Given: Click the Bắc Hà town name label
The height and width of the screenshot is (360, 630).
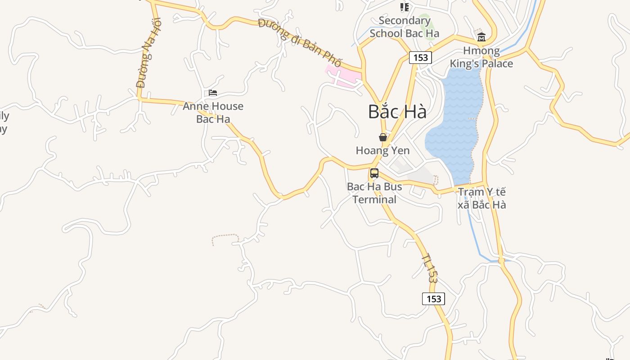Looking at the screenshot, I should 397,112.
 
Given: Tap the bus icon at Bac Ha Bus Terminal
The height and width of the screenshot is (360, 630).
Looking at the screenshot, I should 374,173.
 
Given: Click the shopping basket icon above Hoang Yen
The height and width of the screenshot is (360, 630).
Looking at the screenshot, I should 383,137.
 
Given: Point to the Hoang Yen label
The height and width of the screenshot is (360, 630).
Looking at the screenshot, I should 383,150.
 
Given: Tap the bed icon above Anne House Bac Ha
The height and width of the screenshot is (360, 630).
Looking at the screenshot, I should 213,93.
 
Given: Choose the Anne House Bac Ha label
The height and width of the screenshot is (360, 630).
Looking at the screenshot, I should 213,112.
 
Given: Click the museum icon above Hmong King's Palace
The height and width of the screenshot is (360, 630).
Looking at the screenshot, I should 481,36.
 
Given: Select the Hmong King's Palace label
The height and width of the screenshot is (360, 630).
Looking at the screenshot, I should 481,57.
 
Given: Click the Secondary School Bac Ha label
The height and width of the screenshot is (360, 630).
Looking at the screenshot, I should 405,27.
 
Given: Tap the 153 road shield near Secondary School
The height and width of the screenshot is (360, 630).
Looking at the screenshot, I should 420,58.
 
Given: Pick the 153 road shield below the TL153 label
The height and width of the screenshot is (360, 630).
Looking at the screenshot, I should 433,299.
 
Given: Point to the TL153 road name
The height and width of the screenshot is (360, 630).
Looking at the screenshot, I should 429,269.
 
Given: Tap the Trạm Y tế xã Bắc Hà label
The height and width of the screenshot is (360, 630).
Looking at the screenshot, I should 481,198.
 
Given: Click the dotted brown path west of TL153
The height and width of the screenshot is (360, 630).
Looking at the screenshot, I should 225,237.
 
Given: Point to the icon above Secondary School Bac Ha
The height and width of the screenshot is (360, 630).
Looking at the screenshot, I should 405,7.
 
